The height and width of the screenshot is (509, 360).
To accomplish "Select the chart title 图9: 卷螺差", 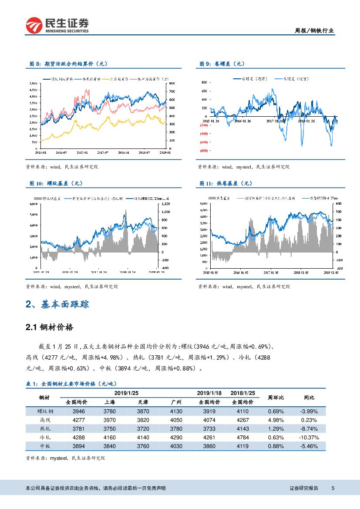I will (x=222, y=64).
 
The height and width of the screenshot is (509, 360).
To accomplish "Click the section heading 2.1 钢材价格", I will (x=50, y=327).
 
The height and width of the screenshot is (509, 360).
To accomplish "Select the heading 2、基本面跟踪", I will (x=57, y=304).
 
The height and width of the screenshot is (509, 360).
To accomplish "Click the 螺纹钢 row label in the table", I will (x=45, y=411).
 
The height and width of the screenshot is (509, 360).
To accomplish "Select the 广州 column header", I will (x=176, y=402).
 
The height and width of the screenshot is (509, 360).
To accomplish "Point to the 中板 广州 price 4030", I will (x=176, y=446).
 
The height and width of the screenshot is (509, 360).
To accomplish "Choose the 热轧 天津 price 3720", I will (x=143, y=428).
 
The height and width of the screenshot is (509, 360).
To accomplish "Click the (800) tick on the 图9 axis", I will (x=204, y=150).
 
